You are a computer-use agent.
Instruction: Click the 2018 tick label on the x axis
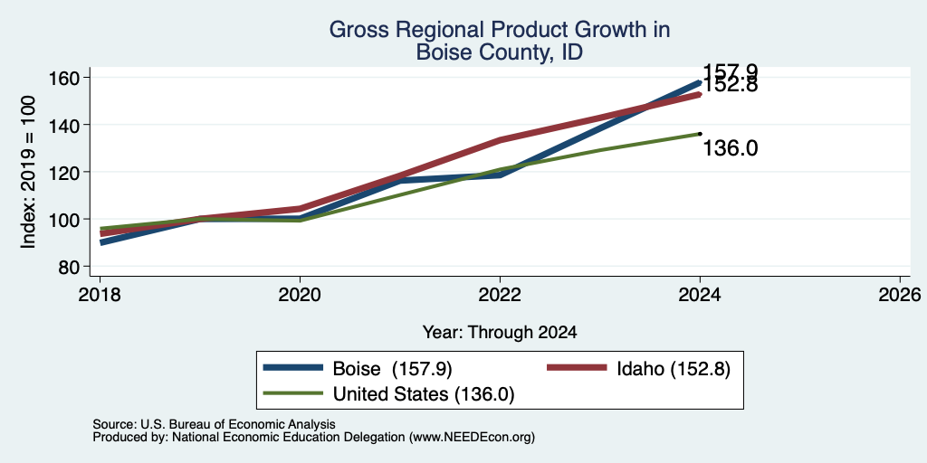(100, 294)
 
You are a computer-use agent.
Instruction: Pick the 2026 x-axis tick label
(901, 294)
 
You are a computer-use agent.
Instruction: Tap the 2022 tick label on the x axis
(500, 294)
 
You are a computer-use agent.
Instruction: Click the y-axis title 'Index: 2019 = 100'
(28, 172)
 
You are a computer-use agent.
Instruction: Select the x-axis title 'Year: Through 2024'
(500, 333)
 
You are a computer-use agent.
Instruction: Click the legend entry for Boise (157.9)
(358, 369)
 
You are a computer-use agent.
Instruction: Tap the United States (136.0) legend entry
(389, 394)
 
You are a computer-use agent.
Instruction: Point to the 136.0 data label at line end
(731, 149)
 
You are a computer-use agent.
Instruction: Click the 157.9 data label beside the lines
(731, 71)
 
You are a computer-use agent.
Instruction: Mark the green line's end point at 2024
(700, 134)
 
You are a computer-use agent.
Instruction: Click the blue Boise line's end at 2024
(700, 82)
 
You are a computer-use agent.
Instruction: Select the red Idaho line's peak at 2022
(500, 140)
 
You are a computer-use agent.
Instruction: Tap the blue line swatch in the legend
(294, 368)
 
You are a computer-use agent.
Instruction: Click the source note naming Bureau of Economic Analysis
(214, 425)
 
